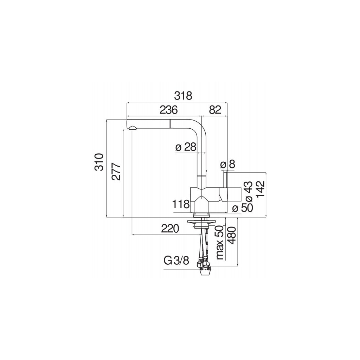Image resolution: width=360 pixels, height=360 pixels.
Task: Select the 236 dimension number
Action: [x=169, y=110]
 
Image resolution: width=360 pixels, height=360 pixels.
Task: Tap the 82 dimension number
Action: [x=215, y=110]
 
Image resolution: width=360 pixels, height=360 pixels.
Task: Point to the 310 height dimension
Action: [x=99, y=162]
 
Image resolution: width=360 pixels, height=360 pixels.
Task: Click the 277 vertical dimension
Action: [x=116, y=172]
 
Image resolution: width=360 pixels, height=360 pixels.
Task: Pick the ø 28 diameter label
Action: [x=186, y=147]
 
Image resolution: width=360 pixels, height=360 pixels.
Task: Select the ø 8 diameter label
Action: [x=227, y=165]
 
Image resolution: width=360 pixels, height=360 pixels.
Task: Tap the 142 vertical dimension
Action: [x=261, y=189]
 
